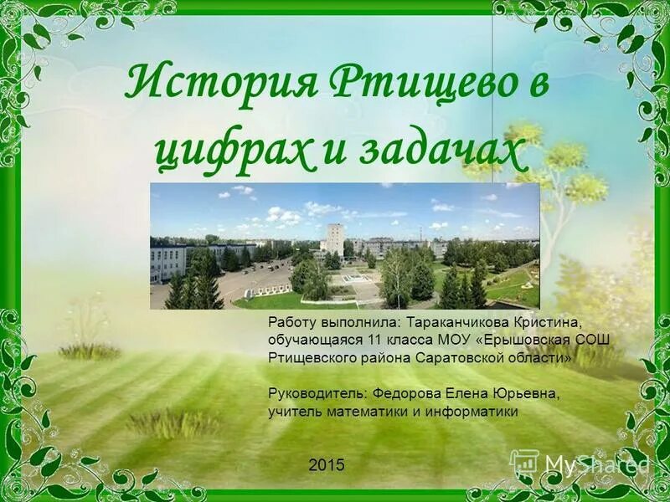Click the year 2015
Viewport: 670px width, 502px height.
pyautogui.click(x=326, y=465)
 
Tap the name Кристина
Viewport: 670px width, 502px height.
pyautogui.click(x=542, y=322)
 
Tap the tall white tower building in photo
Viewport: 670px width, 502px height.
pyautogui.click(x=334, y=238)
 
